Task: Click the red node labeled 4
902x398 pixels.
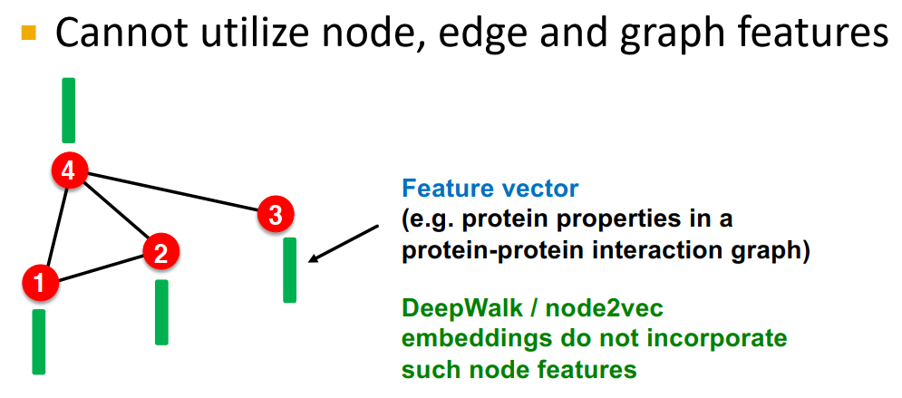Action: click(69, 170)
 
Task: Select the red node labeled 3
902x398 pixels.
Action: click(276, 215)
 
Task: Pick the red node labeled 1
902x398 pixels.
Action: click(39, 283)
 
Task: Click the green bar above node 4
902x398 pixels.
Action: click(68, 110)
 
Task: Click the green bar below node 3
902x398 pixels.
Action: click(289, 269)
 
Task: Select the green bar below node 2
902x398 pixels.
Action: click(161, 312)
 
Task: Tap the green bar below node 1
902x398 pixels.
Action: click(39, 341)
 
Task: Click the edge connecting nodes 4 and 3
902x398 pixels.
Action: click(172, 192)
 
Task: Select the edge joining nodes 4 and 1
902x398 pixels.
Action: click(54, 226)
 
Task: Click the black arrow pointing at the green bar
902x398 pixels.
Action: click(344, 245)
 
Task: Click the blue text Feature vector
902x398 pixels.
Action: click(490, 189)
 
